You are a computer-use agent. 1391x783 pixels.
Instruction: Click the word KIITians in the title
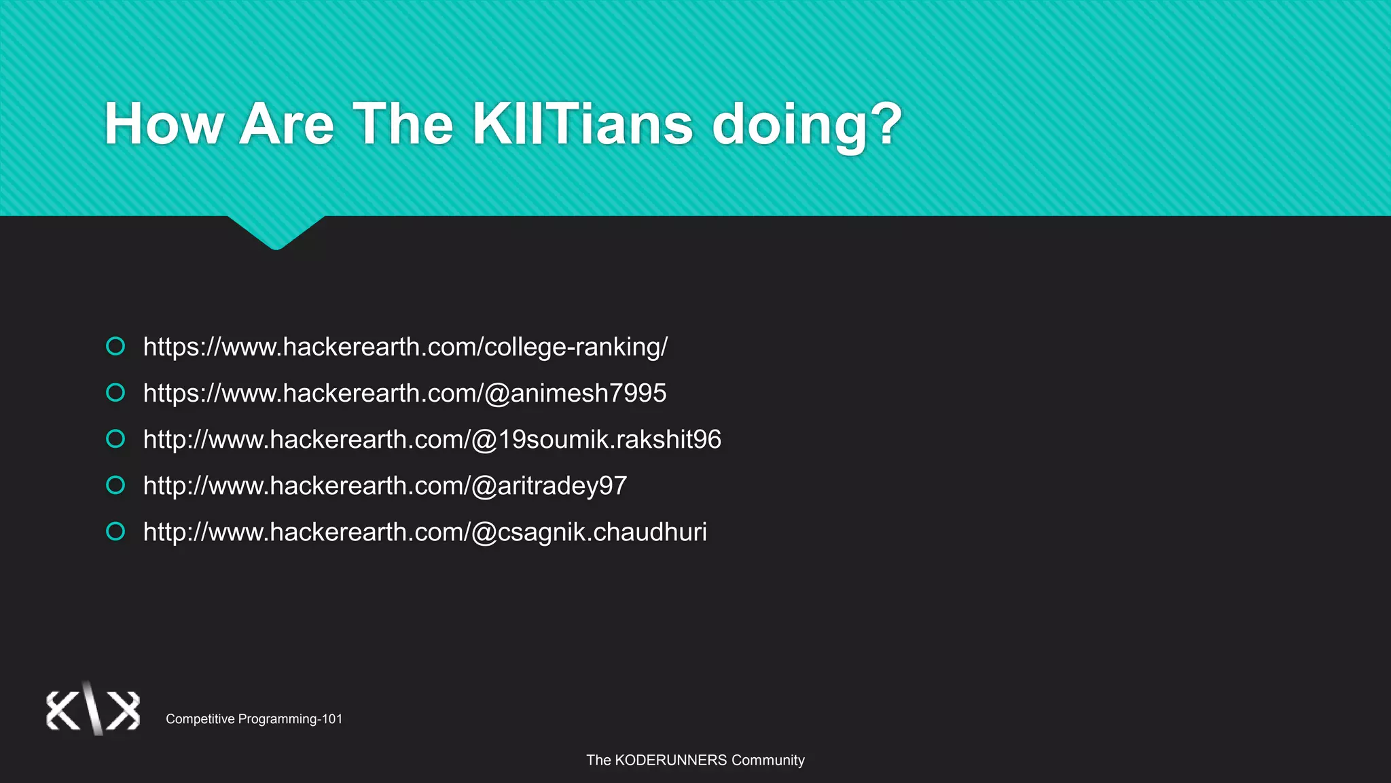(582, 124)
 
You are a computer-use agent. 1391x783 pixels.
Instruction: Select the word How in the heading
(164, 124)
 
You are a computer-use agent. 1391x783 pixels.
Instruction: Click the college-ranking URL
(405, 347)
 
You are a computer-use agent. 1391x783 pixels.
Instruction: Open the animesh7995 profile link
(405, 394)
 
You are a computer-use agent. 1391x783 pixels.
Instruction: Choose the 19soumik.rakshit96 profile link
(432, 440)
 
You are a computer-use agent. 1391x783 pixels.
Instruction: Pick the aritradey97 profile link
(385, 486)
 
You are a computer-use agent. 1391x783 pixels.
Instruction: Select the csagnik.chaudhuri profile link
(425, 532)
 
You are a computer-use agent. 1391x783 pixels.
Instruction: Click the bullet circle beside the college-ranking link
(115, 347)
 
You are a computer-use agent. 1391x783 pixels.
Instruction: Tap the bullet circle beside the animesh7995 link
(115, 393)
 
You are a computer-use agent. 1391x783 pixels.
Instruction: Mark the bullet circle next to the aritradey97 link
(115, 485)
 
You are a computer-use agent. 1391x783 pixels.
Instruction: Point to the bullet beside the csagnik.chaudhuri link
(115, 532)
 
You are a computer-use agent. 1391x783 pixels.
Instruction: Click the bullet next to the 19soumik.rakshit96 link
(115, 439)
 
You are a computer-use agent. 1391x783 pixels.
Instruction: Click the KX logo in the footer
(93, 710)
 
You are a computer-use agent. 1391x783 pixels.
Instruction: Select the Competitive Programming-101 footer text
(254, 719)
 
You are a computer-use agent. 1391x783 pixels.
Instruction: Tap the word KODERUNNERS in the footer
(670, 761)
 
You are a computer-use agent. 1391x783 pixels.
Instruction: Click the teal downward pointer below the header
(276, 232)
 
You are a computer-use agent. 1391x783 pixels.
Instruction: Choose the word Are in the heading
(287, 124)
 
